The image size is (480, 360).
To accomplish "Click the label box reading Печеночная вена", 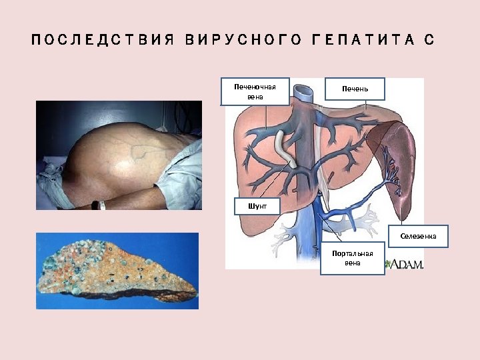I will (255, 91).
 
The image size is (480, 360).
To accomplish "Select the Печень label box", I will (355, 89).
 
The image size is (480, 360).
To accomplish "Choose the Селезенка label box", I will (418, 236).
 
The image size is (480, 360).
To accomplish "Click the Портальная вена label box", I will (353, 258).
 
